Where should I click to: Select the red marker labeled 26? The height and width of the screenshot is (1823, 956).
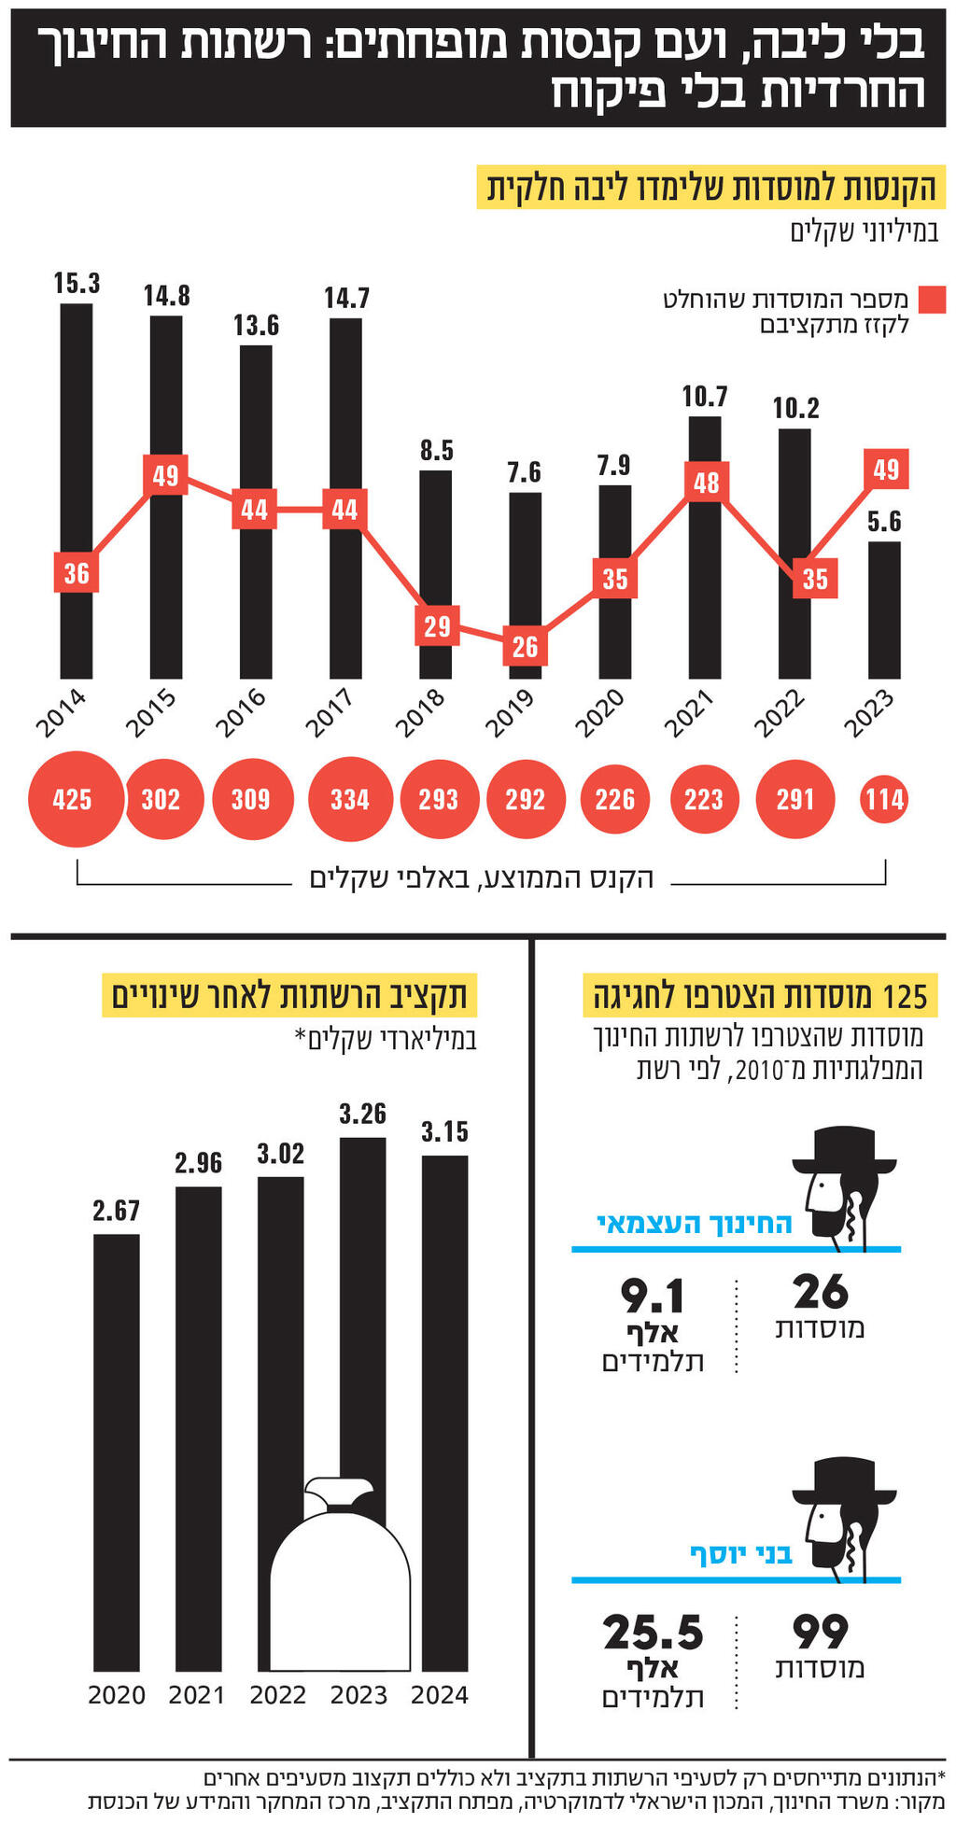click(525, 646)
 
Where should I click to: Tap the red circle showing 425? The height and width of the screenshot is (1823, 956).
click(75, 799)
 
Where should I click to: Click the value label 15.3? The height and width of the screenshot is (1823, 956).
click(77, 283)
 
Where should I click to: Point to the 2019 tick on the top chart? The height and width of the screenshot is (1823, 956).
click(511, 712)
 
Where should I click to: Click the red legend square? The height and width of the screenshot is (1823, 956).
click(932, 300)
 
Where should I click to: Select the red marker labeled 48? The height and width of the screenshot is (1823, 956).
click(707, 483)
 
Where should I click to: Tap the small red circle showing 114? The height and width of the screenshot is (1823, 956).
click(884, 799)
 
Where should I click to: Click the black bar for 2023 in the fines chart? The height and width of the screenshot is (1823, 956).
click(884, 635)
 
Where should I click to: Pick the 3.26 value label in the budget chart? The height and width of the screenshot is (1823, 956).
click(362, 1114)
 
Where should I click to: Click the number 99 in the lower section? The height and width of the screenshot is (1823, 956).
click(820, 1632)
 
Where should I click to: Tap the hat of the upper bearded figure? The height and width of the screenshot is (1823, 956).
click(846, 1152)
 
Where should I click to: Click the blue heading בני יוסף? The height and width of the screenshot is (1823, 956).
click(740, 1553)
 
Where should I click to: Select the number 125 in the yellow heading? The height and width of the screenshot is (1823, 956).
click(905, 996)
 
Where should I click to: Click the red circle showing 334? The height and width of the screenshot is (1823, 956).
click(349, 799)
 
